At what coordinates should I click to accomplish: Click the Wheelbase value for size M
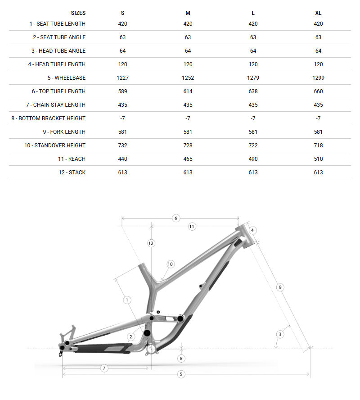coord(188,78)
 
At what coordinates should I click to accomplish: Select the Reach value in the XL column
coord(318,159)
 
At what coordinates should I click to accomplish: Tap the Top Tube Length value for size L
coord(253,91)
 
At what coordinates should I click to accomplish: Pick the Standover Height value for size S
coord(123,145)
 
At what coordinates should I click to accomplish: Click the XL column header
coord(318,13)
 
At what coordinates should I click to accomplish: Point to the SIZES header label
coord(78,13)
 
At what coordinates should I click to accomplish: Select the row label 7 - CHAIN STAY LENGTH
coord(59,105)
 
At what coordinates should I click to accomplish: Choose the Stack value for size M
coord(188,173)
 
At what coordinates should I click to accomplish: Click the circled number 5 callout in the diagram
coord(181,374)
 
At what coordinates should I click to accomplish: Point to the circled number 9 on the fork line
coord(280,287)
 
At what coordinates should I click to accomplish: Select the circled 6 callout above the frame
coord(176,218)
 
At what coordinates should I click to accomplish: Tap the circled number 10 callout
coord(170,264)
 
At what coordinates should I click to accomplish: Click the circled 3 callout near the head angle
coord(280,334)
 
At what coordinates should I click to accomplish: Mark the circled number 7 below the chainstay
coord(104,368)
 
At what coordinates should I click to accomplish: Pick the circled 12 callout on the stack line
coord(151,243)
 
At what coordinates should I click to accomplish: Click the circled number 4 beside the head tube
coord(252,230)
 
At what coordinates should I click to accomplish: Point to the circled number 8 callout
coord(181,359)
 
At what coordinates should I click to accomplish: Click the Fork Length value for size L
coord(253,132)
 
